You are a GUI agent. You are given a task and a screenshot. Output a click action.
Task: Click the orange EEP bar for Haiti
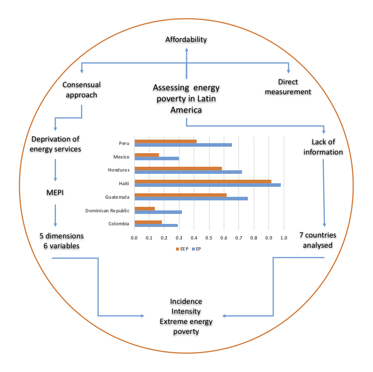coord(203,181)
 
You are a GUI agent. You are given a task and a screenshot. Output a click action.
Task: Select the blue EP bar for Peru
coord(183,145)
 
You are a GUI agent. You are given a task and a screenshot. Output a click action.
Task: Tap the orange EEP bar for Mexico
coord(147,155)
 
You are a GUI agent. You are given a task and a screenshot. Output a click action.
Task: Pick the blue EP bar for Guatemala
coord(191,198)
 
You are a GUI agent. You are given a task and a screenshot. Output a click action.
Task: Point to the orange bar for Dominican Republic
coord(145,209)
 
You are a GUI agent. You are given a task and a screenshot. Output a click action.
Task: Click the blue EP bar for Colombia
coord(156,225)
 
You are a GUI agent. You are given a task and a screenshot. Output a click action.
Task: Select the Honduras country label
coord(119,170)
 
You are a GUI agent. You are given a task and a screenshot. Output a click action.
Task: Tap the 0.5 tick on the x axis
coord(209,238)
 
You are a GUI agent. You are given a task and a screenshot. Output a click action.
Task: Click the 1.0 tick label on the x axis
coord(283,238)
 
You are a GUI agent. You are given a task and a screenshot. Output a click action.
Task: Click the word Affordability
coord(186,39)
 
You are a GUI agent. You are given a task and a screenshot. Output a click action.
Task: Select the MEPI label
coord(55,193)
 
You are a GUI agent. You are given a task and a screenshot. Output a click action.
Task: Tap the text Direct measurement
coord(288,87)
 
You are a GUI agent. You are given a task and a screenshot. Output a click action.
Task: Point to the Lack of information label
coord(323,147)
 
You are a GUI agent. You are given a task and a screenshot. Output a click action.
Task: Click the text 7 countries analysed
coord(318,240)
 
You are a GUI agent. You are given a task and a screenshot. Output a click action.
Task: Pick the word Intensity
coord(186,311)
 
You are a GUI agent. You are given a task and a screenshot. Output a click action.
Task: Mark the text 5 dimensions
coord(62,236)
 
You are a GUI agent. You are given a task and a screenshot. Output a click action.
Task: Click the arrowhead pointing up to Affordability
coord(186,50)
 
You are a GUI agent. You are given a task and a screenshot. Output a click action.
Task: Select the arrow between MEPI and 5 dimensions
coord(55,215)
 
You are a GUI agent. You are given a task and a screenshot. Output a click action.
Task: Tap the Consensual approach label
coord(81,90)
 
